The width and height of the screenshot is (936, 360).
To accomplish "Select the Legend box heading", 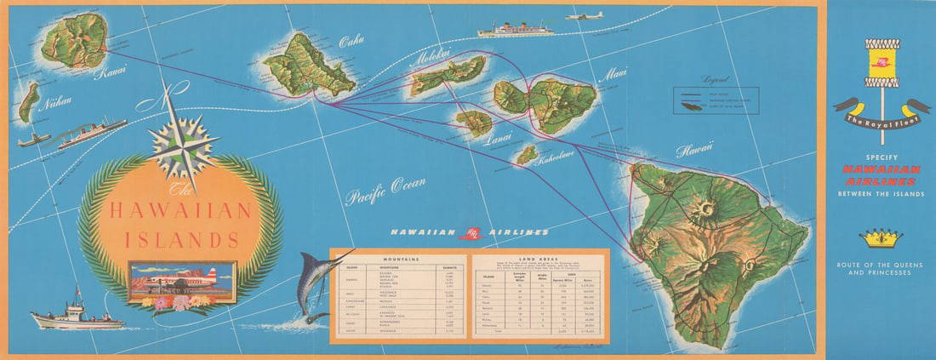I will click(x=711, y=78).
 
